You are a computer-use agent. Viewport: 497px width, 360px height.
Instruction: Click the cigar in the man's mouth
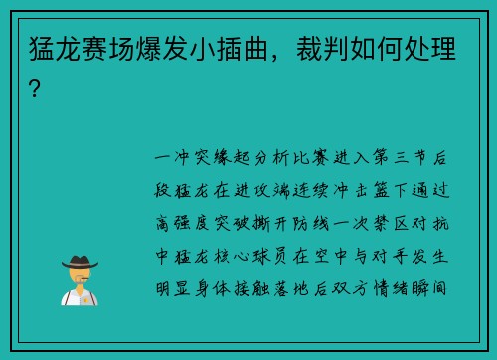coord(85,278)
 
